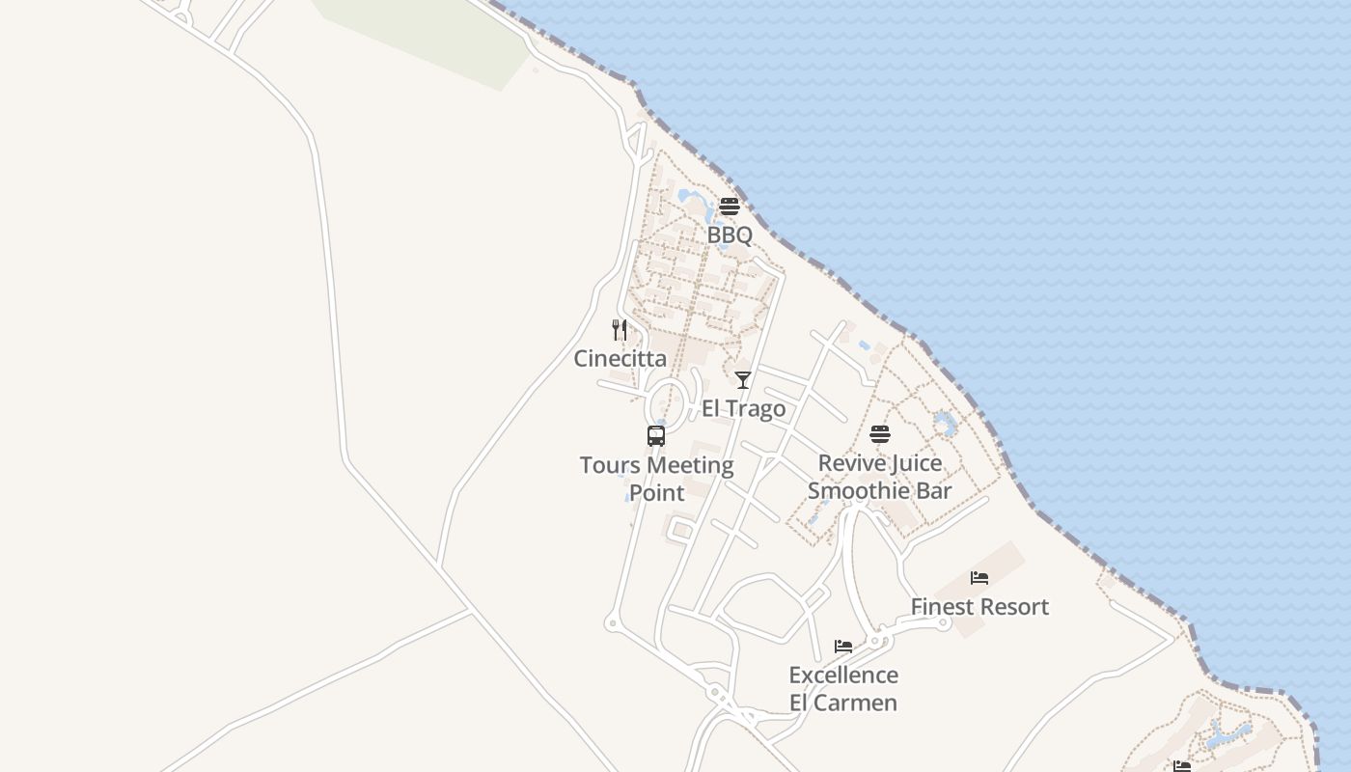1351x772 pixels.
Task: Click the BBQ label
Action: (730, 235)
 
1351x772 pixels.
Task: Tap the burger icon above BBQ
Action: (730, 207)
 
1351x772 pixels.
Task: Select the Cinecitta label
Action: (620, 359)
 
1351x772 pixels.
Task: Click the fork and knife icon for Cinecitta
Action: (620, 330)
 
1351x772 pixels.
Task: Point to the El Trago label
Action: (743, 409)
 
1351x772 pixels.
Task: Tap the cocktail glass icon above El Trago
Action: (743, 380)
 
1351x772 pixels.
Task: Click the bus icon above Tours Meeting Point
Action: (656, 436)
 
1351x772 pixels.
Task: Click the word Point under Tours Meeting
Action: (657, 493)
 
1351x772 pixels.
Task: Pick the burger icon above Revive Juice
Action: (880, 434)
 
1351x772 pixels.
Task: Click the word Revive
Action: (850, 463)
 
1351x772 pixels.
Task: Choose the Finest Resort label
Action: (979, 607)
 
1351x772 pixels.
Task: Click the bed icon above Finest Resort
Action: (979, 578)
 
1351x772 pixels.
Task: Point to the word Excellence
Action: (843, 675)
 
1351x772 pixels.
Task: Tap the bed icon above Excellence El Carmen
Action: (843, 647)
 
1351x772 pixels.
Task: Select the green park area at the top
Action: (425, 39)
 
